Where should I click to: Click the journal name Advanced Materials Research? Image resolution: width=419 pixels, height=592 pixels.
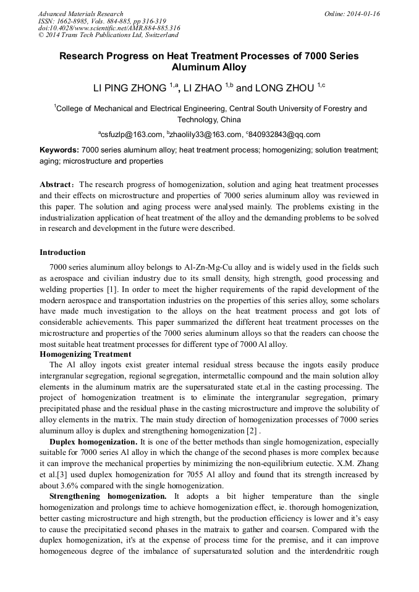pos(81,14)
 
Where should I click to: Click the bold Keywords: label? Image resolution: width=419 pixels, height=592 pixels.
pos(59,150)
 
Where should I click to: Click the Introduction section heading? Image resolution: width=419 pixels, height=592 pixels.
pos(62,252)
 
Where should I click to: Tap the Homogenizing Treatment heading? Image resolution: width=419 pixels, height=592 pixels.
pos(85,354)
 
